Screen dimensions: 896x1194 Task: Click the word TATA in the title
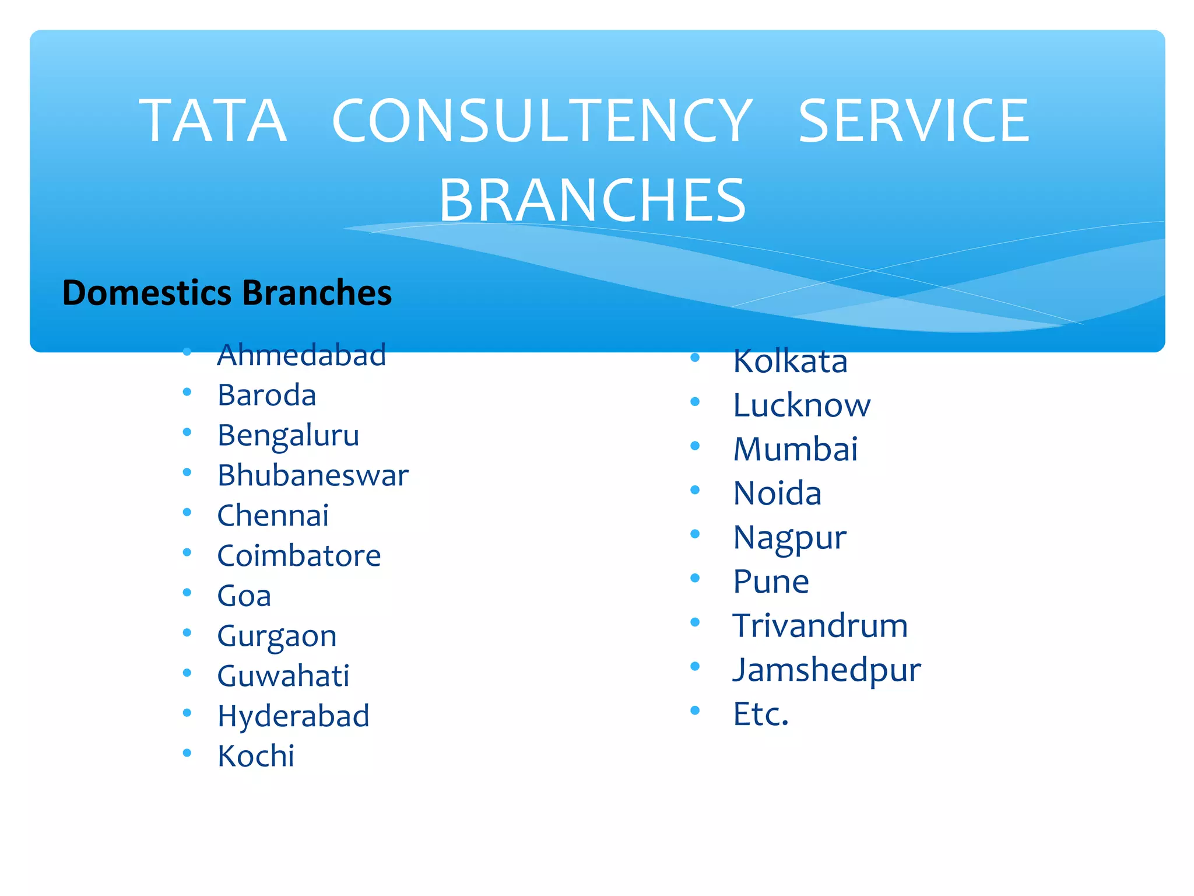click(213, 121)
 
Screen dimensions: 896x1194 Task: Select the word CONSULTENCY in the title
click(542, 121)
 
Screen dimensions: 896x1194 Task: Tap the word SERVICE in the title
click(914, 121)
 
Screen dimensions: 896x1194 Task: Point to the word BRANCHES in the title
click(592, 200)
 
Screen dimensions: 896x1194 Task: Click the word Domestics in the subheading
click(147, 293)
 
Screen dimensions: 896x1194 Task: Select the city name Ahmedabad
click(301, 355)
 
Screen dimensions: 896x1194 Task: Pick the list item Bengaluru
click(288, 436)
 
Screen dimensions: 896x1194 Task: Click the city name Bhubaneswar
click(313, 475)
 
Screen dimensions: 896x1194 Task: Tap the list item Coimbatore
click(299, 556)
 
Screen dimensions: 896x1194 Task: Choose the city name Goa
click(244, 596)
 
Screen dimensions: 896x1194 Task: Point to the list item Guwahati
click(283, 676)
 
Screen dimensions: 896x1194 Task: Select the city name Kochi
click(256, 757)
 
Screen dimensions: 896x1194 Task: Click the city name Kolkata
click(790, 361)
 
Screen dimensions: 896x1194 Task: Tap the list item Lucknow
click(802, 405)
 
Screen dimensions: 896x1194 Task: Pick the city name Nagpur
click(789, 538)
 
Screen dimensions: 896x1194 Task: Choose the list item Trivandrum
click(820, 626)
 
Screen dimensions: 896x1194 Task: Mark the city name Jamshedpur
click(827, 670)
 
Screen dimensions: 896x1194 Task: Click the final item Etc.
click(761, 714)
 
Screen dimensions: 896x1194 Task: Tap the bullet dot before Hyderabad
click(187, 713)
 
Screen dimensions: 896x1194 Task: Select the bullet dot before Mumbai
click(695, 446)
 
